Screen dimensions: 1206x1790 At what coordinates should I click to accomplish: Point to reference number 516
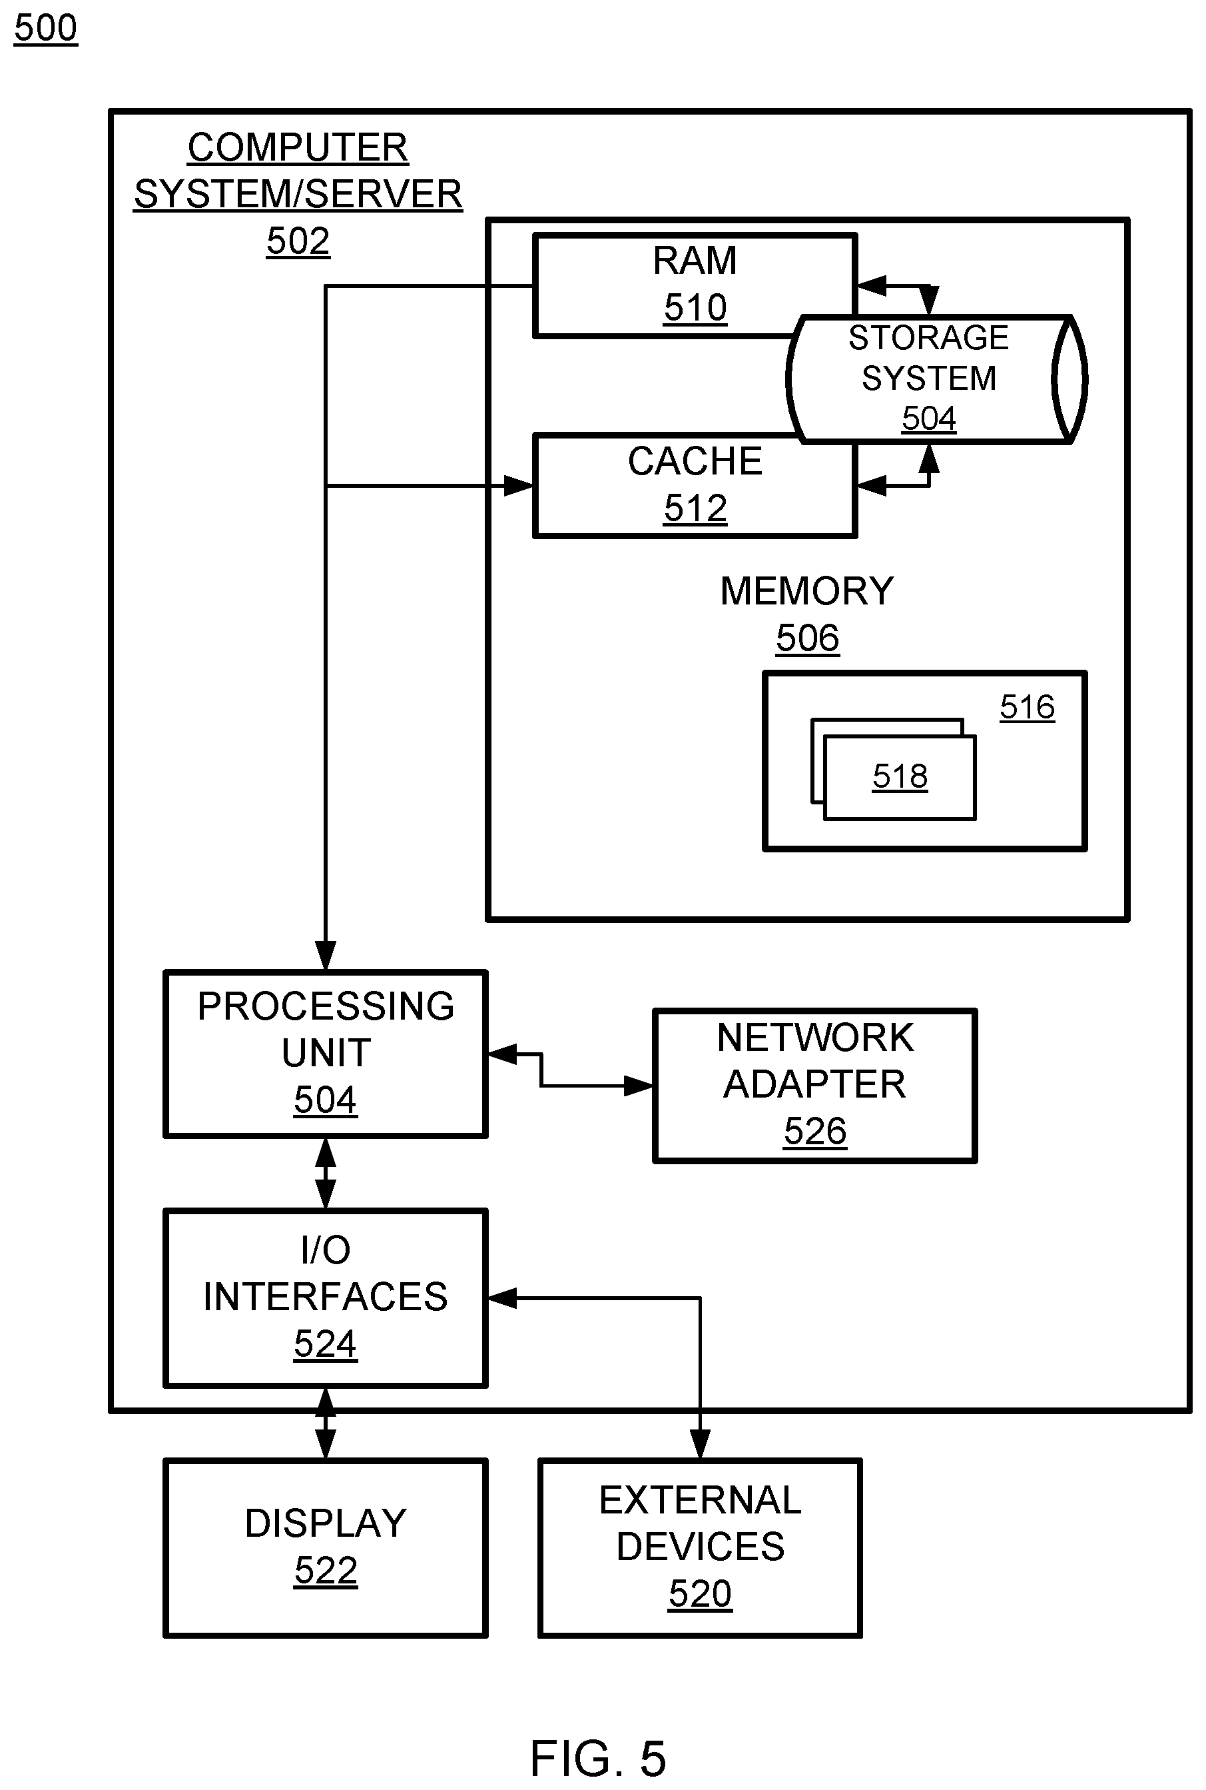tap(1027, 706)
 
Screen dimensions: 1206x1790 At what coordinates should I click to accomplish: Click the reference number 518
tap(900, 776)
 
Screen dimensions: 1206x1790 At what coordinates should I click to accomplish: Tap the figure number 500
tap(45, 29)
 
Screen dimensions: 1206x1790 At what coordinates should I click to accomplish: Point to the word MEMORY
tap(807, 591)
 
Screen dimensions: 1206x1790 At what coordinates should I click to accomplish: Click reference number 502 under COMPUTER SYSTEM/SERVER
tap(298, 241)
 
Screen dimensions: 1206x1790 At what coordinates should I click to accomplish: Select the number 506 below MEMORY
tap(807, 638)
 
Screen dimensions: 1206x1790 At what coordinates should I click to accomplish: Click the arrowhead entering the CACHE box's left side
tap(519, 486)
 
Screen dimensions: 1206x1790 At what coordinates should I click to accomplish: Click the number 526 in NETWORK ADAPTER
tap(814, 1132)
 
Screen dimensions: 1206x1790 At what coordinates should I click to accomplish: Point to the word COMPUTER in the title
tap(298, 147)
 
